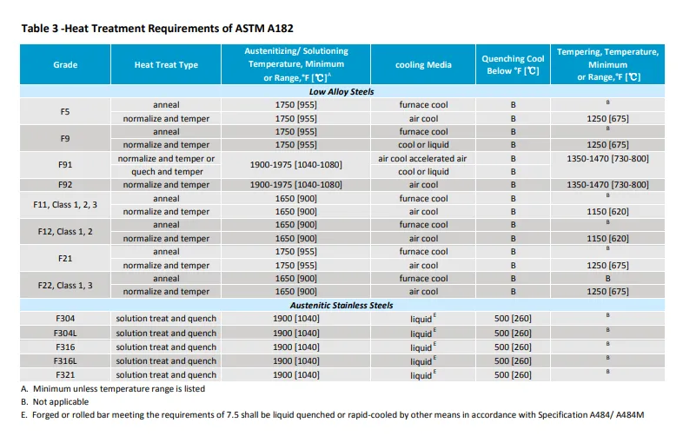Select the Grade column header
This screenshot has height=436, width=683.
click(x=65, y=65)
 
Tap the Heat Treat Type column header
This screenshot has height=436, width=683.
click(x=166, y=65)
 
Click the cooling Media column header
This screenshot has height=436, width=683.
click(x=423, y=65)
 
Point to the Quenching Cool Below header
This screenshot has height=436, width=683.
click(x=513, y=65)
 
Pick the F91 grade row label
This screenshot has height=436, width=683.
click(x=65, y=165)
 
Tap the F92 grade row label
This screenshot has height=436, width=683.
click(x=65, y=185)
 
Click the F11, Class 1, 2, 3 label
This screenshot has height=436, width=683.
click(x=65, y=205)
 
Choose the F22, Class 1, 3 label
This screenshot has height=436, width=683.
click(x=65, y=285)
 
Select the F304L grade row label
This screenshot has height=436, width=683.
click(x=65, y=333)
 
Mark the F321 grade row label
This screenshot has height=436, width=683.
click(x=65, y=374)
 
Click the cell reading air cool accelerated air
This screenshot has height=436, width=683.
click(x=423, y=159)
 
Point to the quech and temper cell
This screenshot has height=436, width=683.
click(x=166, y=172)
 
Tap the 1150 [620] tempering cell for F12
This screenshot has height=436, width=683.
click(x=607, y=239)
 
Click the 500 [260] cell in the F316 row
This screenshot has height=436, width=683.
click(x=513, y=347)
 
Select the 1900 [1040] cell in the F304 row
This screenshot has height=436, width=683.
click(x=295, y=319)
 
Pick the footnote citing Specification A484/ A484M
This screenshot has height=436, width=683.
click(x=339, y=416)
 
